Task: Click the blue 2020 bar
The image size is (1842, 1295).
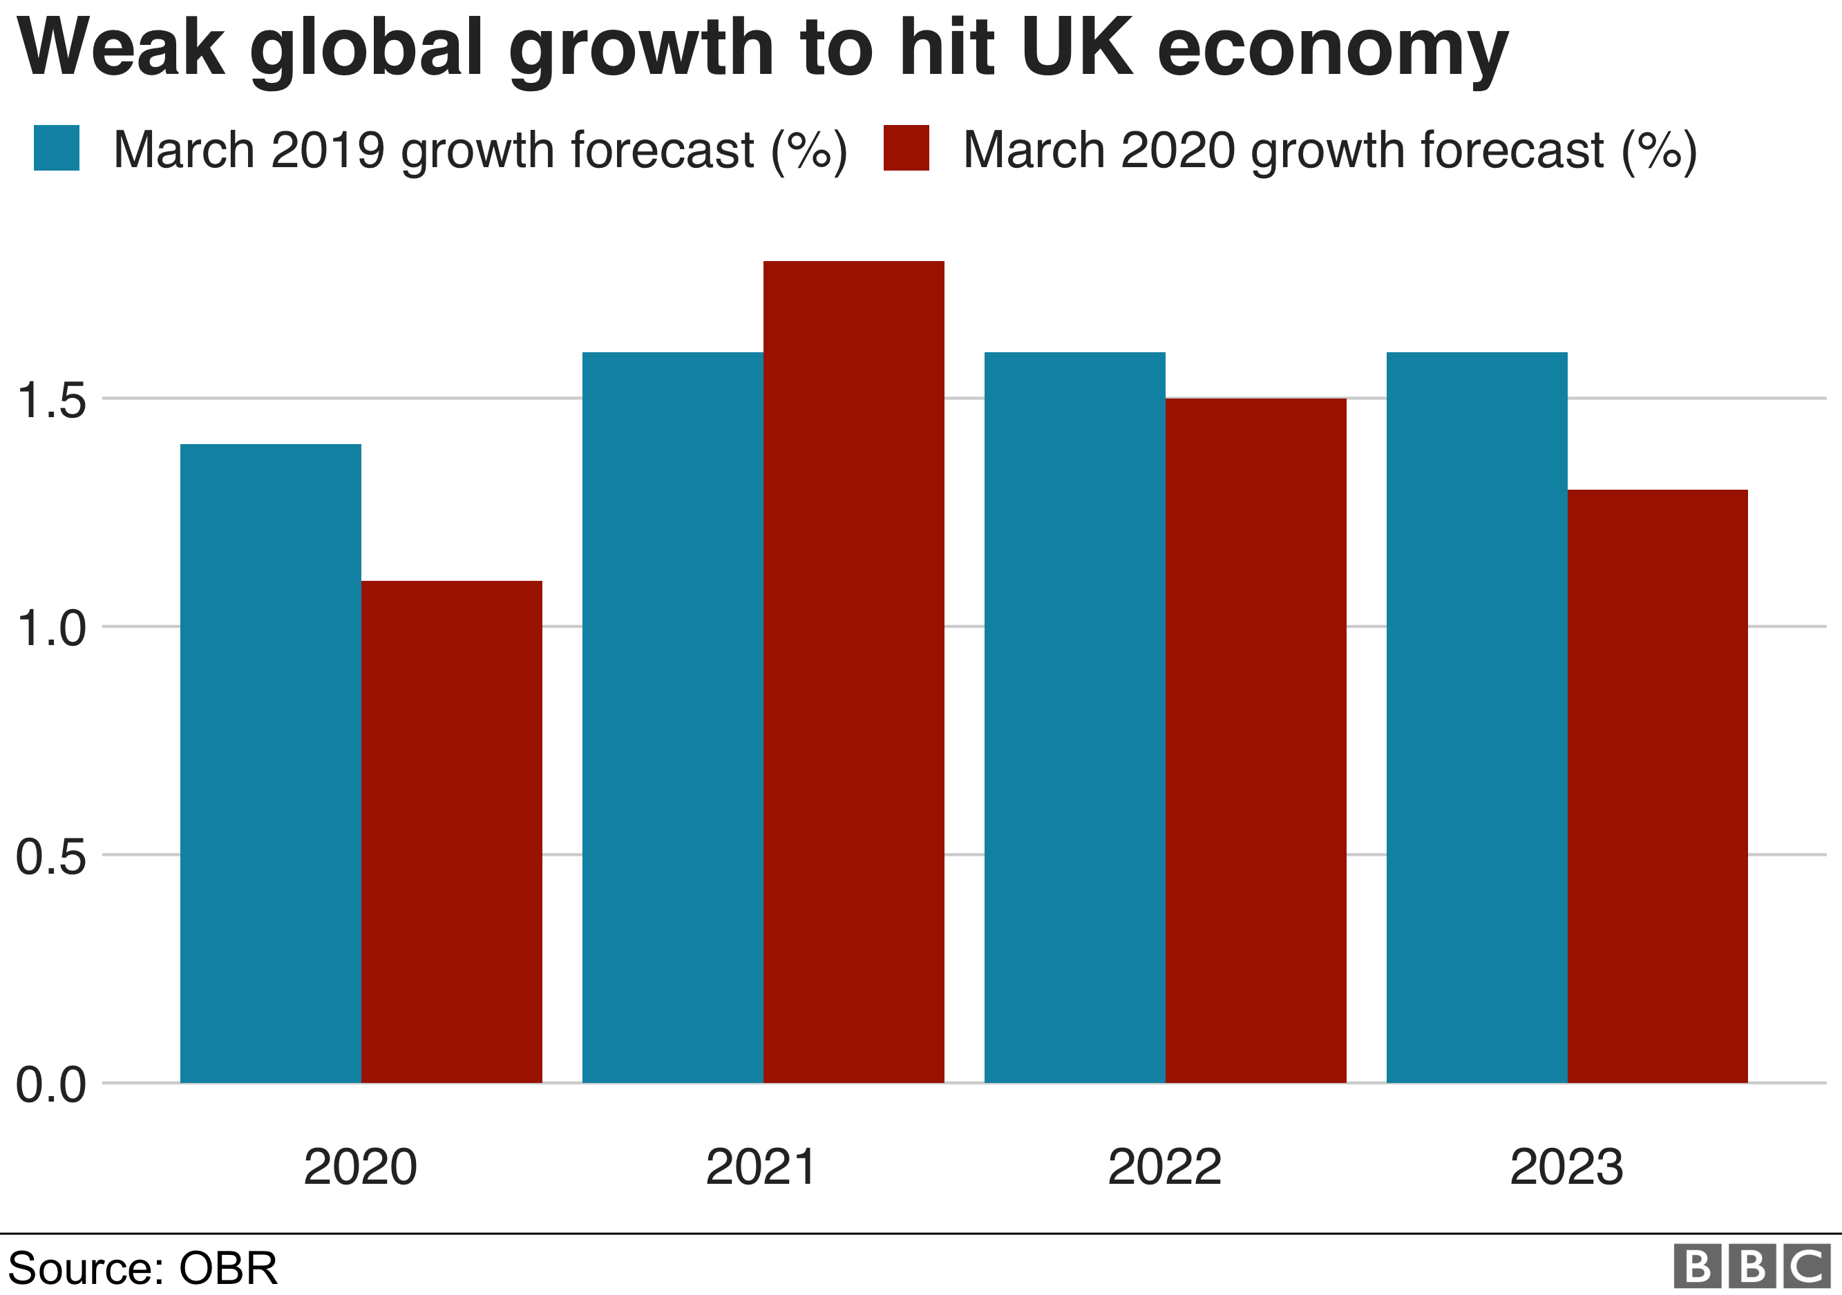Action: coord(270,762)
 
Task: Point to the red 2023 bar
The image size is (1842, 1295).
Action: coord(1658,785)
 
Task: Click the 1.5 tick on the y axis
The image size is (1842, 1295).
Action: coord(50,400)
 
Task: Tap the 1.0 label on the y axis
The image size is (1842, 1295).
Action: coord(50,629)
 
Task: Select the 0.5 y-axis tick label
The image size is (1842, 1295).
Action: coord(50,857)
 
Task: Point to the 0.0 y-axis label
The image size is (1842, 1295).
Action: coord(50,1085)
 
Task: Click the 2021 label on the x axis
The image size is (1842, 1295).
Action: coord(761,1167)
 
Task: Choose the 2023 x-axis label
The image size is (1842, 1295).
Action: coord(1566,1167)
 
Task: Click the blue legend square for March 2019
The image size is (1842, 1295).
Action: coord(56,148)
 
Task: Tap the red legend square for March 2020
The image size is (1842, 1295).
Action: coord(906,148)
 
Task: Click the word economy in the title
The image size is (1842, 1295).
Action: coord(1333,50)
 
